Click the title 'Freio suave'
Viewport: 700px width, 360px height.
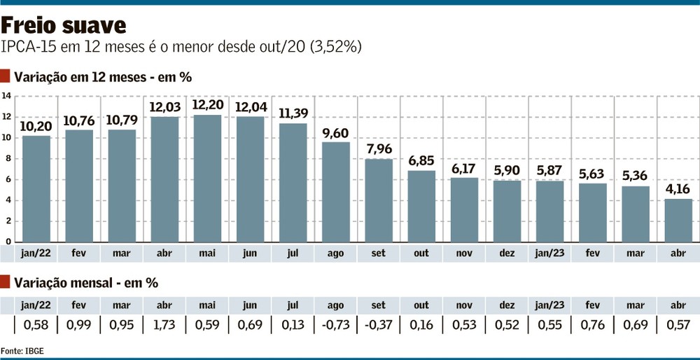pos(64,25)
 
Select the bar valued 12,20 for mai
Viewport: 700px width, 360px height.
pos(206,179)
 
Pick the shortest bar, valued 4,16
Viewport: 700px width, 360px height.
pos(678,220)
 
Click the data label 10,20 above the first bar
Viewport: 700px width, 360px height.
pos(36,126)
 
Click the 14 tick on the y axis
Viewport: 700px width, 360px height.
pos(6,96)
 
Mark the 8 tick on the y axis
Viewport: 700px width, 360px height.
pos(6,159)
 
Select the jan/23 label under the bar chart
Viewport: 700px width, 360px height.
pos(550,254)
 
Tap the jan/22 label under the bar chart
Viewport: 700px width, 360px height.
pos(36,254)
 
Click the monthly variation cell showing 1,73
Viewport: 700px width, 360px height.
pos(164,325)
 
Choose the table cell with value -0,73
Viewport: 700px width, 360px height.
pos(335,325)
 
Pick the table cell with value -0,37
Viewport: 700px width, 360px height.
pos(378,325)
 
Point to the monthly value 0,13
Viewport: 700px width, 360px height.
pos(293,325)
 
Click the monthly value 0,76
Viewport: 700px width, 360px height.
pos(593,325)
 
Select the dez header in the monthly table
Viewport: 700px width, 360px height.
pos(507,305)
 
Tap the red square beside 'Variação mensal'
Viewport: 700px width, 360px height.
pos(6,283)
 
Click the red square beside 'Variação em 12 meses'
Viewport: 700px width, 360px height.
pos(6,76)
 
